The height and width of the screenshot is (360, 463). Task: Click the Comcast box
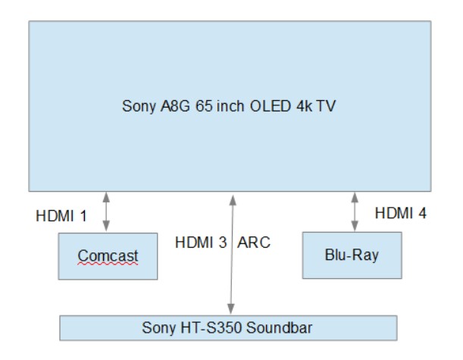click(x=108, y=256)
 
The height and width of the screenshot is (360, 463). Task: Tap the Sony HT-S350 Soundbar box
click(x=228, y=327)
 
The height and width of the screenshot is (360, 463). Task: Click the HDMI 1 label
click(x=61, y=214)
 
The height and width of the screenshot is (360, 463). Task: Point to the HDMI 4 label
click(x=401, y=213)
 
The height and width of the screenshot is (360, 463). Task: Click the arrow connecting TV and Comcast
click(x=106, y=211)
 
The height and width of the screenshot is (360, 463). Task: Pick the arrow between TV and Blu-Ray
click(x=355, y=211)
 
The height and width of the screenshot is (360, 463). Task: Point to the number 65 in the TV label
click(x=201, y=107)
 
